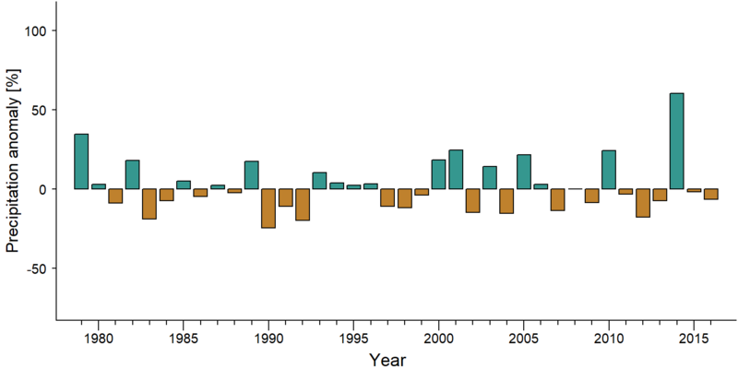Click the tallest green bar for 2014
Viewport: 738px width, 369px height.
(677, 141)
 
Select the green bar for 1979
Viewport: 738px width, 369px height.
(81, 161)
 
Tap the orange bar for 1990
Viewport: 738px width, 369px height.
(268, 208)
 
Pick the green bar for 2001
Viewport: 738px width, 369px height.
(456, 170)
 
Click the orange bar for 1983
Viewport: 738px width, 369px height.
(149, 204)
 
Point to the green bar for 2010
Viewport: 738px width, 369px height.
(609, 170)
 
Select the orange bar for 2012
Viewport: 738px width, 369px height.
(643, 203)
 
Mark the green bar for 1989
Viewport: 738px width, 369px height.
(251, 175)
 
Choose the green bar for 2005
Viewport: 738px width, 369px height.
(524, 172)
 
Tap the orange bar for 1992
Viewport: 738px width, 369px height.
(303, 204)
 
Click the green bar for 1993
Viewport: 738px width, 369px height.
(319, 181)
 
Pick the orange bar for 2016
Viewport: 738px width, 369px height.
(711, 194)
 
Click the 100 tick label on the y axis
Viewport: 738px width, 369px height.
(35, 30)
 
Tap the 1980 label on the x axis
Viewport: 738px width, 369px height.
(99, 339)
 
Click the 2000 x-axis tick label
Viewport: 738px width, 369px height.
(439, 339)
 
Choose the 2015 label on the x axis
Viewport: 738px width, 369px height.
(694, 339)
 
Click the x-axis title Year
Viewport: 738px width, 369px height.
(387, 360)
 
